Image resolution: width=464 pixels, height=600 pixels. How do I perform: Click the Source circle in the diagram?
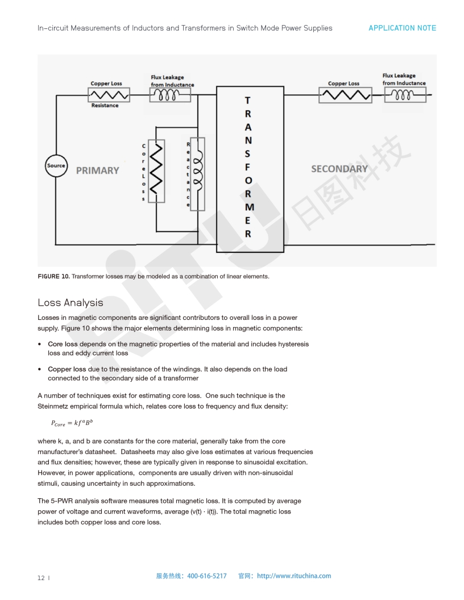tap(56, 166)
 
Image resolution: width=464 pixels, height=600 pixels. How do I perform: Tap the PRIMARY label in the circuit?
tap(98, 170)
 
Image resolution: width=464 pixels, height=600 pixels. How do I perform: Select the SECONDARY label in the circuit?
tap(339, 169)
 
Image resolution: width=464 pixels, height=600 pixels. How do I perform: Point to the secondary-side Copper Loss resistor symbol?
tap(345, 95)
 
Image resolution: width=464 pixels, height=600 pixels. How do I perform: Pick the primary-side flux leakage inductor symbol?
tap(170, 95)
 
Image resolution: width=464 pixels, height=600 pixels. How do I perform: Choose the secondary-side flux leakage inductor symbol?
tap(405, 95)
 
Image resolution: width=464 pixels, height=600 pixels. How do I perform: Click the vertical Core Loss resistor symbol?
tap(156, 170)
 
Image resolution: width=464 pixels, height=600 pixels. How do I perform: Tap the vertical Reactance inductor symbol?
tap(197, 174)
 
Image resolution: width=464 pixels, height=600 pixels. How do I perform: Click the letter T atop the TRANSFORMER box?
tap(247, 101)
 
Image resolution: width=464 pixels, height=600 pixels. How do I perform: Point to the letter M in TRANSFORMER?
tap(249, 207)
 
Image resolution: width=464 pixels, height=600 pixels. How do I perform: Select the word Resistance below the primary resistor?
tap(105, 106)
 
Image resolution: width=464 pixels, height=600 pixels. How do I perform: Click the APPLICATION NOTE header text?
tap(402, 28)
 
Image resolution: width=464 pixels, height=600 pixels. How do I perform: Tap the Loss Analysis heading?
tap(71, 302)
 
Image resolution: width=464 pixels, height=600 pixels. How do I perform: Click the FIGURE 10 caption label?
tap(53, 276)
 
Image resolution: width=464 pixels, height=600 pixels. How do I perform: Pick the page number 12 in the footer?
tap(42, 578)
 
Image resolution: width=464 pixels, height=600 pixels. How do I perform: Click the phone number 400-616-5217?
tap(206, 576)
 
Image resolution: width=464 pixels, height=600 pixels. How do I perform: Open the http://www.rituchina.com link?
tap(294, 576)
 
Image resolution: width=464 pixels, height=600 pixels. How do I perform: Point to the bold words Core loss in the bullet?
tap(63, 344)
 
